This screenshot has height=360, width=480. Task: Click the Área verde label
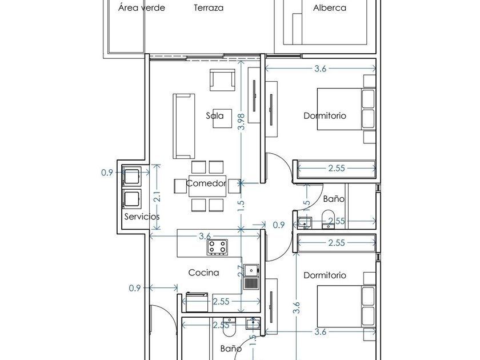pos(142,7)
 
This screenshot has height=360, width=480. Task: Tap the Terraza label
pos(209,7)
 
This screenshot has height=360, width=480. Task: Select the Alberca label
pos(330,7)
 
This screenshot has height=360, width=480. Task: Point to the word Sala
pos(215,115)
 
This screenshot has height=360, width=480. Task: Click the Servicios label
pos(142,217)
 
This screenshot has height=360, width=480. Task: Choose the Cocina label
pos(203,273)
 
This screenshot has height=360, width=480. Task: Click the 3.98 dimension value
pos(241,122)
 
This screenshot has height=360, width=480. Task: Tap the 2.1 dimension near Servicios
pos(157,197)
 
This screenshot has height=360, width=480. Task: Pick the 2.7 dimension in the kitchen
pos(241,271)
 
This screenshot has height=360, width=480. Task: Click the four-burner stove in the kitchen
pos(218,247)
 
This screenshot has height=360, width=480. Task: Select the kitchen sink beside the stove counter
pos(251,277)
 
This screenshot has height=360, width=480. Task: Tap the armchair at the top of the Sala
pos(222,80)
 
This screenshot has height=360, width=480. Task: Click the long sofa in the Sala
pos(184,126)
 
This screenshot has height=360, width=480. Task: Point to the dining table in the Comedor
pos(207,186)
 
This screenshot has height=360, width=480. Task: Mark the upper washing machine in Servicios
pos(131,177)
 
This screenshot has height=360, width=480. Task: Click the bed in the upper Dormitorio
pos(346,109)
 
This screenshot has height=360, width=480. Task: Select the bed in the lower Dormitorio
pos(346,306)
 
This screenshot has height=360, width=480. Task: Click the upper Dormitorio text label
pos(325,115)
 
